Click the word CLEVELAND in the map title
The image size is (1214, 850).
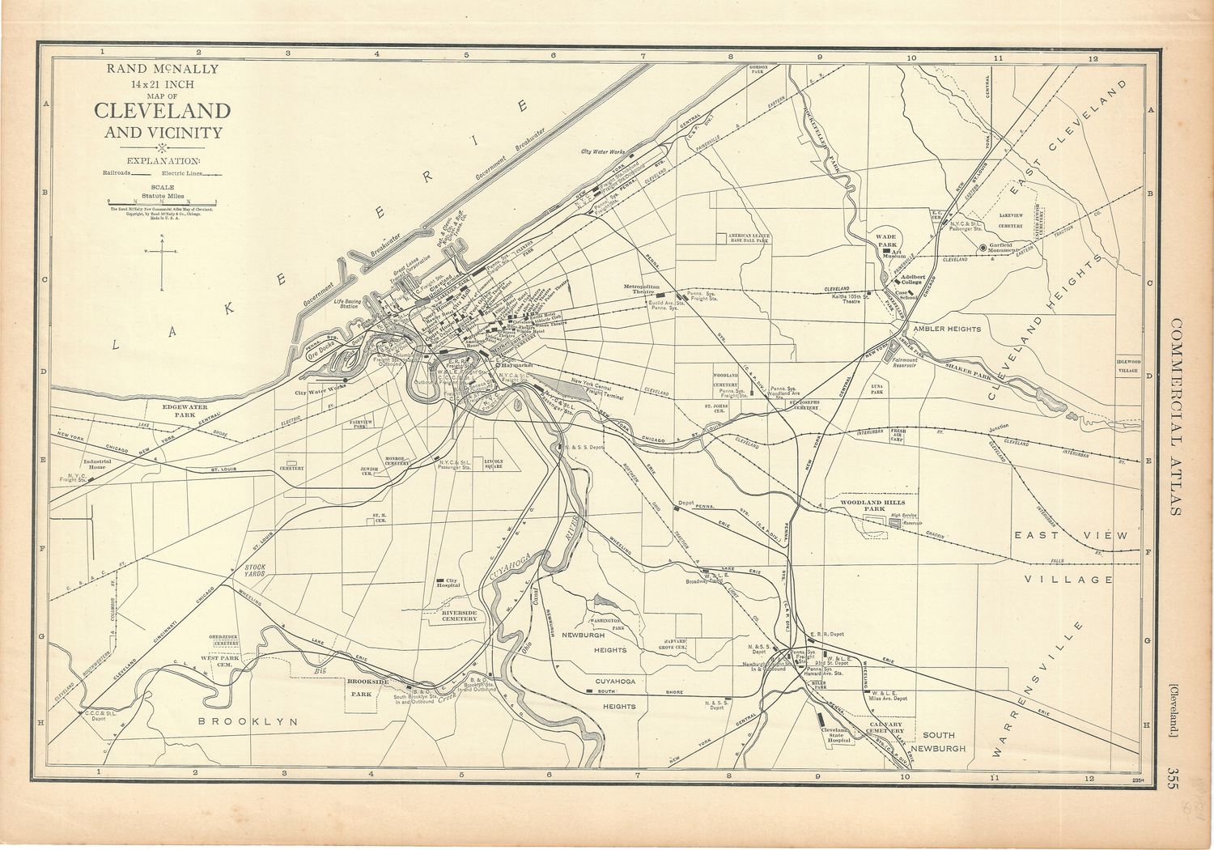coord(162,111)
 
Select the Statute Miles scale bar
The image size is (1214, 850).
coord(162,202)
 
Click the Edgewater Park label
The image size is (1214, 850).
coord(185,410)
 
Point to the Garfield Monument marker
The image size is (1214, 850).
coord(983,248)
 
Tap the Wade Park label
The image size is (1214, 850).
coord(887,240)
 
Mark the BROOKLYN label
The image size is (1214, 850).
coord(248,721)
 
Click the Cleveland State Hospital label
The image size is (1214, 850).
coord(838,734)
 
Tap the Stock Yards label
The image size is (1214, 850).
coord(255,571)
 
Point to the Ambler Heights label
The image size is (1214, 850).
coord(946,329)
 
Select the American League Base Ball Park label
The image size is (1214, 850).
coord(749,238)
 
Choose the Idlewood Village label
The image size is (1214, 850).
coord(1128,366)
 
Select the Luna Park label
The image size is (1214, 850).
coord(877,390)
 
